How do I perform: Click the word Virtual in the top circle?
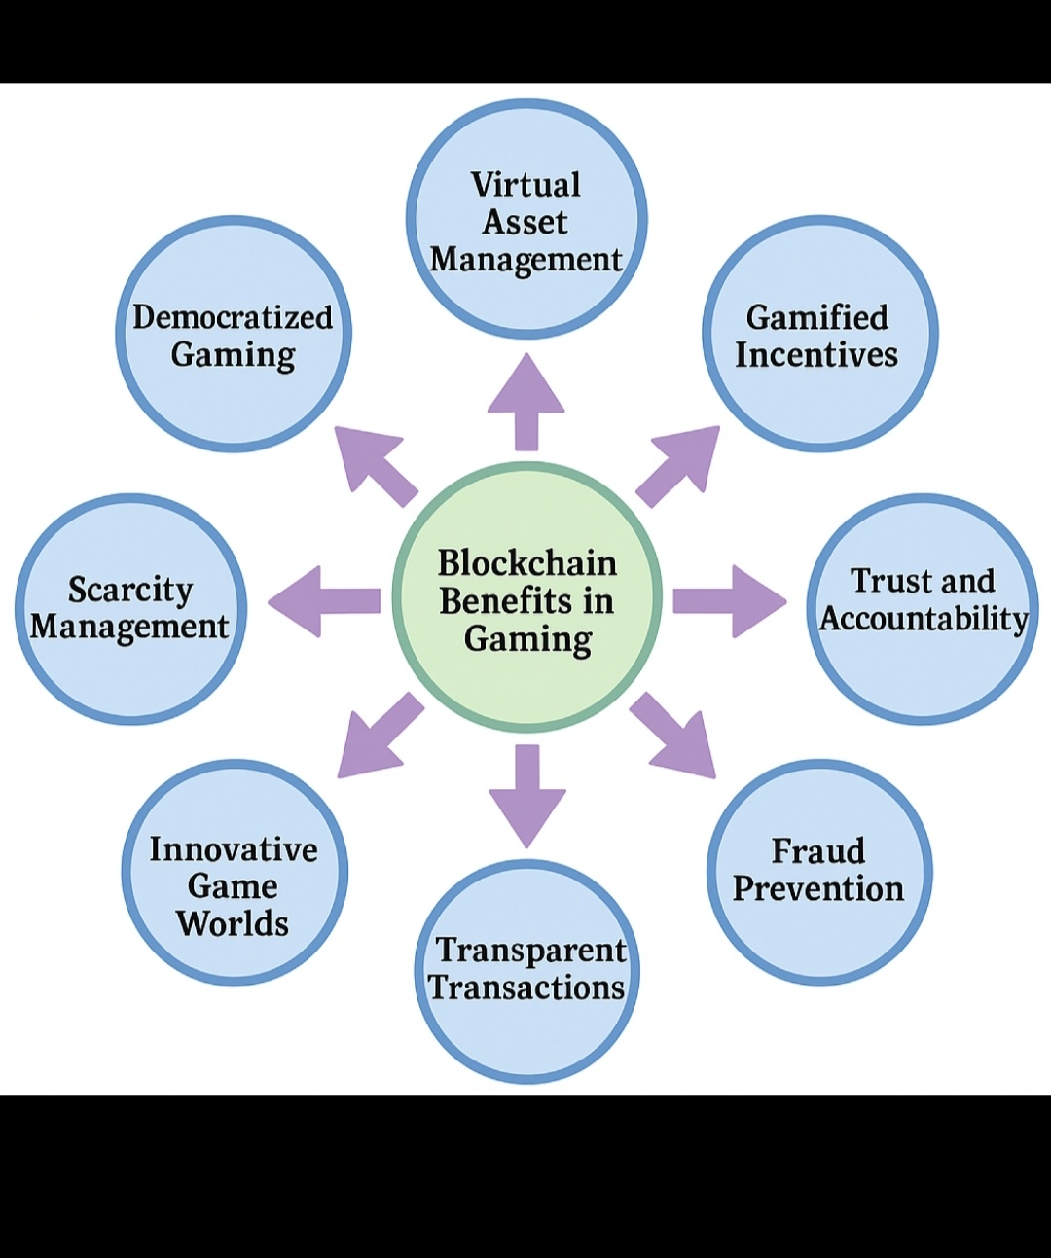525,185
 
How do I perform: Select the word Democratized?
233,317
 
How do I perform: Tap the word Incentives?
816,355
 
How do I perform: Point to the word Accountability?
924,619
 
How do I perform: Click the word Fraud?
817,851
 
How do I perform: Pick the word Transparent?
530,951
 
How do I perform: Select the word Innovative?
234,849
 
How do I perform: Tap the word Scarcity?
130,590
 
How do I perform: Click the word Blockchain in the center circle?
526,563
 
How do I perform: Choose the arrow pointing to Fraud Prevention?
673,736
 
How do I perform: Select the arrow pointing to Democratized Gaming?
375,465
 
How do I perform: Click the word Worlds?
233,923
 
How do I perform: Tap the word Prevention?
818,888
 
